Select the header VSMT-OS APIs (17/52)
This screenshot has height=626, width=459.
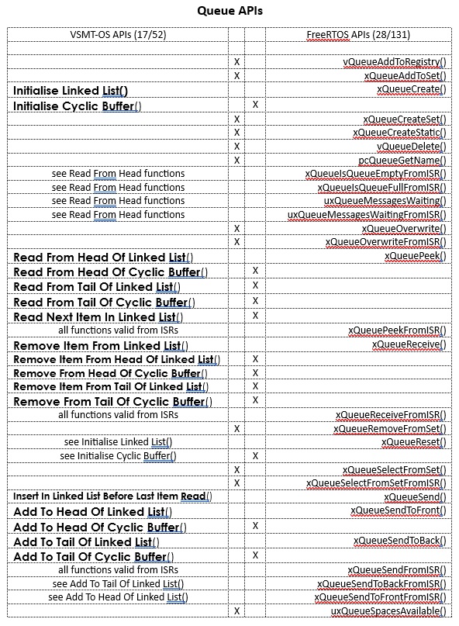118,34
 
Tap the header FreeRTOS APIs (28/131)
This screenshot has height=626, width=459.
357,34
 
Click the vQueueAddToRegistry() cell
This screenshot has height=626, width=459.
394,61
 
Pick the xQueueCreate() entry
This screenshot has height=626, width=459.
411,89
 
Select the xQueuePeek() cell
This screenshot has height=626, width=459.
415,256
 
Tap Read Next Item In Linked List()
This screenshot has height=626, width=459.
95,316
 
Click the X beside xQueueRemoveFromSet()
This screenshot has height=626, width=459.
236,428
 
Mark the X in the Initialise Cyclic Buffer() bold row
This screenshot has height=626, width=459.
254,104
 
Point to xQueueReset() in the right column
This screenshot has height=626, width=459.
414,442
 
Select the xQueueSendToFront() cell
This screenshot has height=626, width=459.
398,510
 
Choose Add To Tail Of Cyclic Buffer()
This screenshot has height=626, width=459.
93,557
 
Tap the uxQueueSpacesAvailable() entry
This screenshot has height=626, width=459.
388,611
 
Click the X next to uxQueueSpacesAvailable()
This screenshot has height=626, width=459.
236,611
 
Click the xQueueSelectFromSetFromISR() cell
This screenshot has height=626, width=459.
376,483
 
